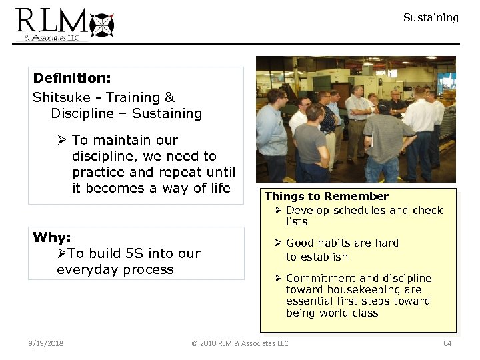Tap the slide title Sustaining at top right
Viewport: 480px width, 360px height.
431,18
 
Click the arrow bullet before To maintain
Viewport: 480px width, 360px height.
61,140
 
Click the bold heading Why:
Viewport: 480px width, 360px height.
52,237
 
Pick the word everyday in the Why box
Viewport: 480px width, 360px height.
85,269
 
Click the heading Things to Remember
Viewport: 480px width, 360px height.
327,196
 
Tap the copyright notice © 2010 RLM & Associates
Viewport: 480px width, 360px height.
240,343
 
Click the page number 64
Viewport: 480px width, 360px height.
447,343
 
